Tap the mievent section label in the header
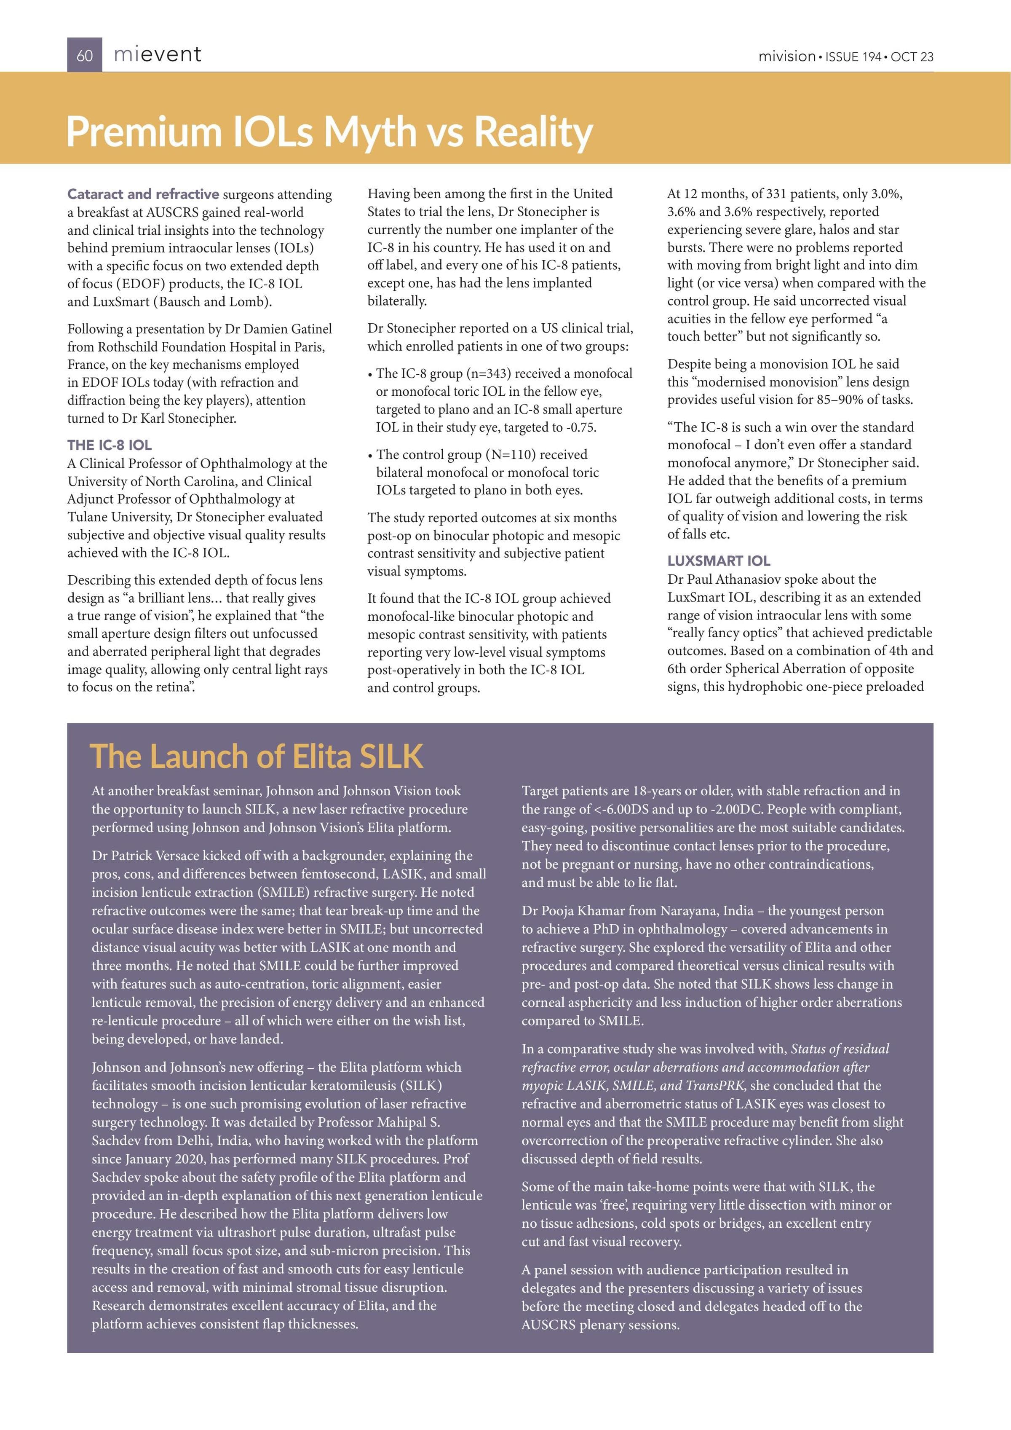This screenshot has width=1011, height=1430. (x=158, y=55)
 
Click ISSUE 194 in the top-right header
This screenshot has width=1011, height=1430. (x=853, y=56)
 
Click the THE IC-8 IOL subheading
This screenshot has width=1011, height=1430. (x=109, y=445)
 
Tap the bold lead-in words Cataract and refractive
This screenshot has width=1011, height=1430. (x=143, y=194)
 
